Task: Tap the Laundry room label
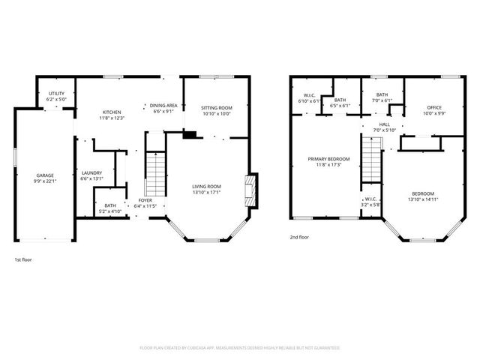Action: pyautogui.click(x=91, y=175)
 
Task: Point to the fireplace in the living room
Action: pyautogui.click(x=251, y=188)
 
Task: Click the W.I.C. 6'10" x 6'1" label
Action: pyautogui.click(x=308, y=97)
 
